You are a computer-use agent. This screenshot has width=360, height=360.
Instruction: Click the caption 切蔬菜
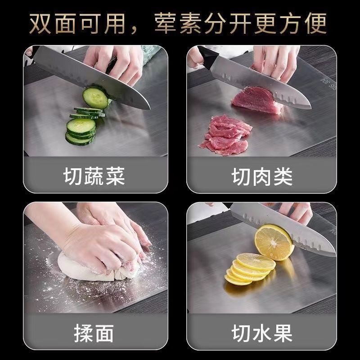click(94, 176)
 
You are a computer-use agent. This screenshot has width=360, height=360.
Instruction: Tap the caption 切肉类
click(262, 176)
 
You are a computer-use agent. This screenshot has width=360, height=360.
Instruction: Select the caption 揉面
click(94, 333)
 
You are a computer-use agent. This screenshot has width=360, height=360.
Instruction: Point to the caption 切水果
click(262, 333)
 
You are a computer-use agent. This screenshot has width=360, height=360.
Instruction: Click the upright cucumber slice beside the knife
click(95, 98)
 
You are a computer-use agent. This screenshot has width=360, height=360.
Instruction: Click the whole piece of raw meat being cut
click(256, 100)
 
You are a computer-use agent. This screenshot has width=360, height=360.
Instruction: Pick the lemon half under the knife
click(274, 243)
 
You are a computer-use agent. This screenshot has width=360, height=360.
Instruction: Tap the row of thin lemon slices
click(249, 269)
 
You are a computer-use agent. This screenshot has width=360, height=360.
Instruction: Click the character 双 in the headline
click(40, 23)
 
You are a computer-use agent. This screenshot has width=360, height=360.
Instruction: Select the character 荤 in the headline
click(165, 23)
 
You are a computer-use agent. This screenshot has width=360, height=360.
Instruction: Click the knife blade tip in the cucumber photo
click(150, 108)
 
